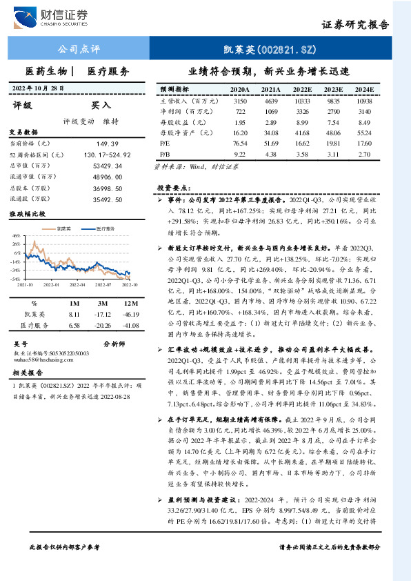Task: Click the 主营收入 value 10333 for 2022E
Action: click(x=302, y=101)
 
